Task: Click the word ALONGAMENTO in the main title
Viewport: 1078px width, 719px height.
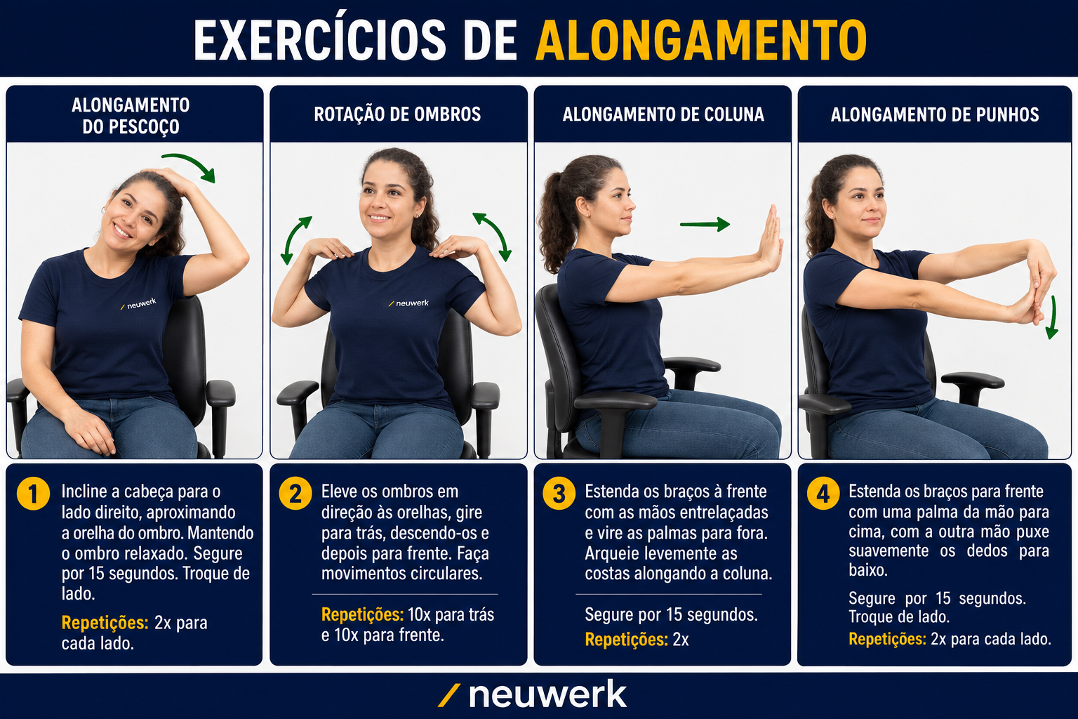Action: click(701, 40)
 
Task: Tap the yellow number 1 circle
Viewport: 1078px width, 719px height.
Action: click(33, 494)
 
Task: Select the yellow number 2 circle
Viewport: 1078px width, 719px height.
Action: click(295, 494)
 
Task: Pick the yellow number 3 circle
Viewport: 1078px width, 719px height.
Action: click(559, 494)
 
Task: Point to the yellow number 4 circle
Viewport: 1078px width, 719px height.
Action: click(823, 494)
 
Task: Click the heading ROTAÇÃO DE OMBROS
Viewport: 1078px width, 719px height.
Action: click(397, 114)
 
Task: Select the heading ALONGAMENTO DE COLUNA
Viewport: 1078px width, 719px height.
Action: click(663, 114)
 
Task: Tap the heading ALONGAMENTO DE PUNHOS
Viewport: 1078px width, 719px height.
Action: click(935, 114)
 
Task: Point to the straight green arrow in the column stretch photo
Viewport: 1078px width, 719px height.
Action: click(705, 224)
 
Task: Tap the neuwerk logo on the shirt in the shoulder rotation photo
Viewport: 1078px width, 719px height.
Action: click(408, 303)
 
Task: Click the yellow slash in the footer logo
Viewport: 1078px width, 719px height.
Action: click(448, 696)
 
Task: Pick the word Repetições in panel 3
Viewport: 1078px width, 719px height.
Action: click(626, 640)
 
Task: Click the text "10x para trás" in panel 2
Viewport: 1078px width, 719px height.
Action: click(451, 614)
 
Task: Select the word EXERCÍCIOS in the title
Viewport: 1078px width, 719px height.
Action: click(320, 40)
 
